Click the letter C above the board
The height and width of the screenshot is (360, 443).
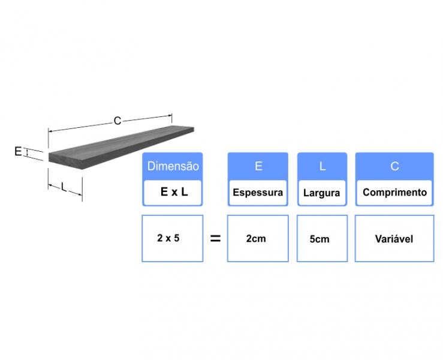pos(117,121)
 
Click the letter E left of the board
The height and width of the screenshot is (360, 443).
pos(18,152)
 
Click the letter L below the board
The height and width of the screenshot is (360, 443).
pos(64,187)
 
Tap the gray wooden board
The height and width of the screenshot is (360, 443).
pos(122,147)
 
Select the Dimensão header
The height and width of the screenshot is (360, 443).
pos(173,166)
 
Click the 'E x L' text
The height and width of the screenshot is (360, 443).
pos(174,192)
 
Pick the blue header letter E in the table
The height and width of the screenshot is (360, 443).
pos(258,166)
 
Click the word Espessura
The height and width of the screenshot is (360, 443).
pos(258,193)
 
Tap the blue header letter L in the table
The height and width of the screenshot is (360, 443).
pos(323,166)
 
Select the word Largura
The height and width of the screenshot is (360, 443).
pos(321,193)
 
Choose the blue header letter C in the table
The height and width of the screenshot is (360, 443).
pos(394,166)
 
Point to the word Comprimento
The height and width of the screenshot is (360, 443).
pos(394,193)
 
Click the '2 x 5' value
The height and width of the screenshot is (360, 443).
pos(168,238)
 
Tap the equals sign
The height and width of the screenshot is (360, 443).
pos(215,239)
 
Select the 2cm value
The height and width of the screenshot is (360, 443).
pos(256,239)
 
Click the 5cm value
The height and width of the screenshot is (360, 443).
pos(320,239)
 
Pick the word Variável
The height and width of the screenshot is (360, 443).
pos(394,239)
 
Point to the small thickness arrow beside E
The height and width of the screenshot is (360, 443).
pos(27,153)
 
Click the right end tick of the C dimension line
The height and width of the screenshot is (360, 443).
pos(172,119)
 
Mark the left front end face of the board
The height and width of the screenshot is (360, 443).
pos(65,161)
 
